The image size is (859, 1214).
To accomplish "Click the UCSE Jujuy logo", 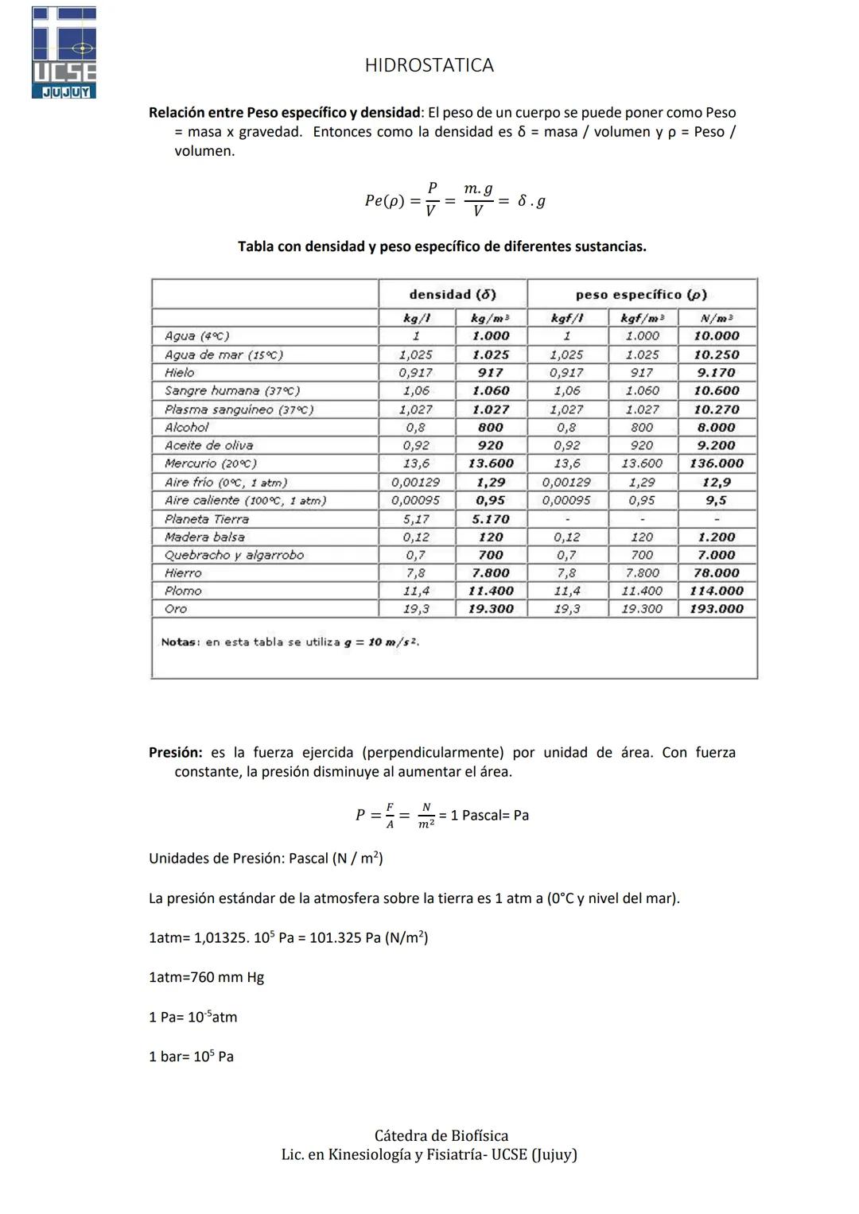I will tap(64, 52).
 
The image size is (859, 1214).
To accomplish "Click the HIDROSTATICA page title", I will tap(429, 65).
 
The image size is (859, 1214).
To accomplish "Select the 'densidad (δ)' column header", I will tap(452, 294).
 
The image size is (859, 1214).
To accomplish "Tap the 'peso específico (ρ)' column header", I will tap(641, 294).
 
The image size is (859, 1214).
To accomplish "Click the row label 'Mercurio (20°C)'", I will tap(210, 463).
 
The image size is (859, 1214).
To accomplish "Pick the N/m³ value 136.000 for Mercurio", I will tap(717, 463).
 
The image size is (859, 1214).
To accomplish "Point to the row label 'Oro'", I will tap(176, 609).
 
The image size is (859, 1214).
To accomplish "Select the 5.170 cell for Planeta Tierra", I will tap(491, 519).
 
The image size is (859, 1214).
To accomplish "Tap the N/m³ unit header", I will tap(717, 318).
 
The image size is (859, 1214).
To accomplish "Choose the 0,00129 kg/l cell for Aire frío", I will tap(415, 483).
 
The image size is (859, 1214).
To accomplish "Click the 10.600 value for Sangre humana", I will tap(717, 391).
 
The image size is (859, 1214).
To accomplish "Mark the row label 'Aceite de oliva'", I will tap(208, 446).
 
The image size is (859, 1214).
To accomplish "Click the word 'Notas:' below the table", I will tap(181, 642).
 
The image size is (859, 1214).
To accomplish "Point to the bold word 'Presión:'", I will tap(175, 752).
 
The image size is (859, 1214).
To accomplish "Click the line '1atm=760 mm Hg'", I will tap(206, 977).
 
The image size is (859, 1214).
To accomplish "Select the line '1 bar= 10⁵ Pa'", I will tap(191, 1057).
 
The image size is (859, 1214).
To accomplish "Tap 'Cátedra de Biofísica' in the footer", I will tap(441, 1135).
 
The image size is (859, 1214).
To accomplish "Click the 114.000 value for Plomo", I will tap(717, 591).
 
